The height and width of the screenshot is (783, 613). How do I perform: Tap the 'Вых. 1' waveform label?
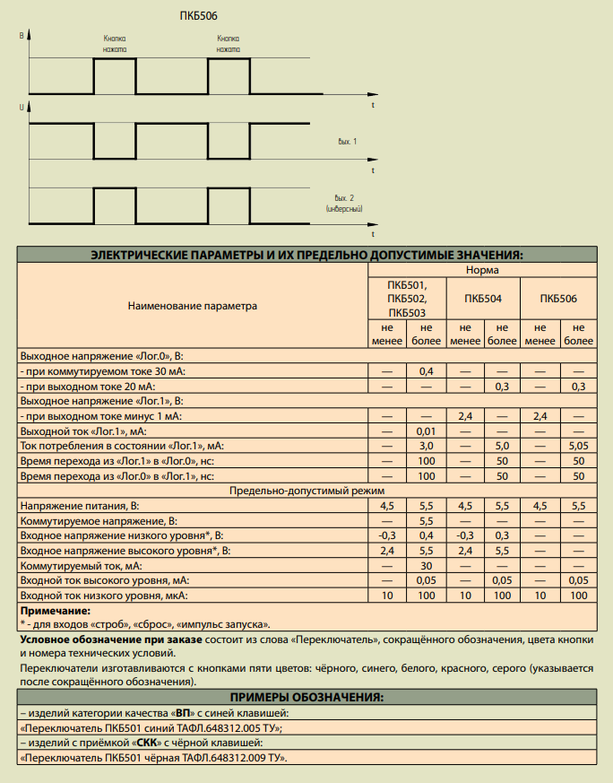347,142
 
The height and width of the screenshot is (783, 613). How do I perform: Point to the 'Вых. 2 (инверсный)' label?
345,203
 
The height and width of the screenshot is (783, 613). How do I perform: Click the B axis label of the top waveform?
22,34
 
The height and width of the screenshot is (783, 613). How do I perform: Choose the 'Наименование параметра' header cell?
193,305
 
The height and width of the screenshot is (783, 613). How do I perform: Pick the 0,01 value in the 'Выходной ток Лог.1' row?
426,431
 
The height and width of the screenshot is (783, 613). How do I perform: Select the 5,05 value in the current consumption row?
578,446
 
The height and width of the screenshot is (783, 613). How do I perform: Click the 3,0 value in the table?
426,446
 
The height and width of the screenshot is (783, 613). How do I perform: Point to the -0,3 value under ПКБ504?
464,536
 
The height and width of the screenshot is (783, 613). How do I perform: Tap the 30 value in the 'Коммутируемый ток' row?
426,567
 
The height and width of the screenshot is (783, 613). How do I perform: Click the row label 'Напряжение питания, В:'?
80,507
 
